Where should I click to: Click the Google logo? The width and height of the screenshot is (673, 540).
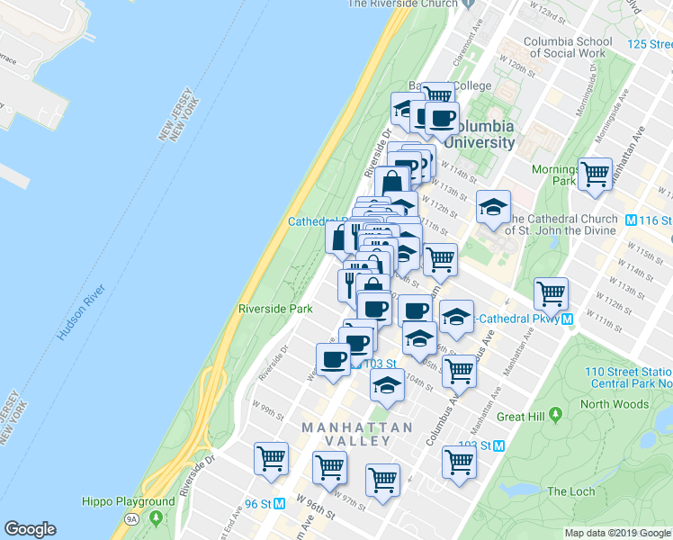(31, 529)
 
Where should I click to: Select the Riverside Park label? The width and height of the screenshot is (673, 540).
(275, 309)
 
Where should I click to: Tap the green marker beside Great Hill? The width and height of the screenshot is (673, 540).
(556, 415)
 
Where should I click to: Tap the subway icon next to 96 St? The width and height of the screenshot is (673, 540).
(280, 503)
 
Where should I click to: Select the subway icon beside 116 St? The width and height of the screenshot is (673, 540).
(631, 220)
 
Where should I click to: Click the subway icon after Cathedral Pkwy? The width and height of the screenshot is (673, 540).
(568, 319)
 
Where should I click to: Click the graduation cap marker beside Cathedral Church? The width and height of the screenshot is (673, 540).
(493, 206)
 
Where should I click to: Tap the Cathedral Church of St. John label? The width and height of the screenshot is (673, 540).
(563, 224)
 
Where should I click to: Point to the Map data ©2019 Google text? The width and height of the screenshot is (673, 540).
(617, 533)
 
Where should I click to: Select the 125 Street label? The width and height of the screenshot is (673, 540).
(650, 43)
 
